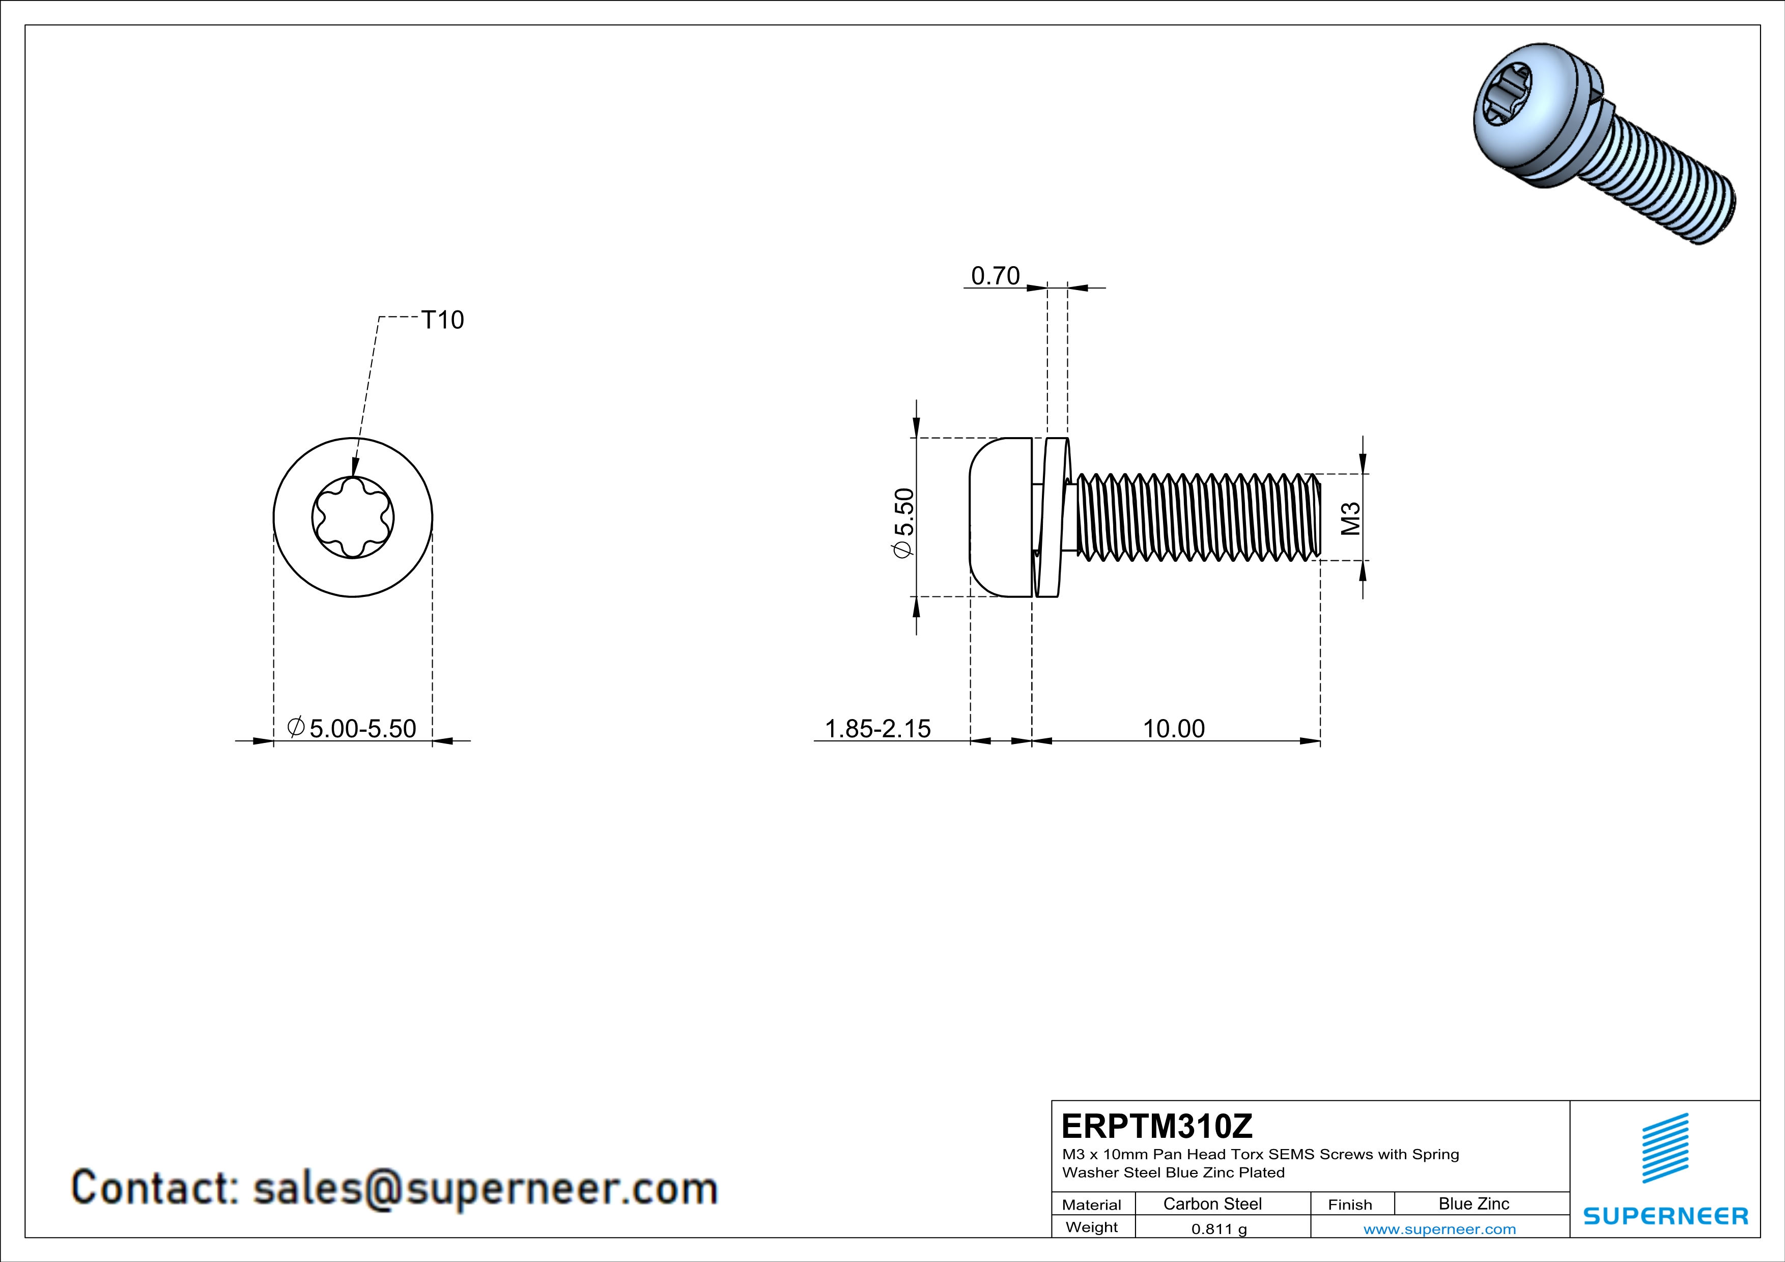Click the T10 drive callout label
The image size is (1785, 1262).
(x=442, y=320)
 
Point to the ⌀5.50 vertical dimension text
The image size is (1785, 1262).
(x=904, y=522)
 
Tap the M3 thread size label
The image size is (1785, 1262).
(x=1351, y=519)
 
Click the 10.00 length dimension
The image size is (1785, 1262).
(x=1173, y=728)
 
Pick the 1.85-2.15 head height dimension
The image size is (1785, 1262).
(x=877, y=728)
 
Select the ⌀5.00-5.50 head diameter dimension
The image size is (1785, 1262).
(x=351, y=728)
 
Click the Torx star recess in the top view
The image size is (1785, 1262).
(x=353, y=518)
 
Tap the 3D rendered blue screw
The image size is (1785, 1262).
(x=1604, y=144)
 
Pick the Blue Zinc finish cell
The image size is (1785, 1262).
(x=1474, y=1203)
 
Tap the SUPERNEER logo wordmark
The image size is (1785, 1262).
(x=1666, y=1216)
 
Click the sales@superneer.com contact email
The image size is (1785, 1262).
(x=485, y=1189)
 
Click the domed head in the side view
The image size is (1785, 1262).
(x=1001, y=518)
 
